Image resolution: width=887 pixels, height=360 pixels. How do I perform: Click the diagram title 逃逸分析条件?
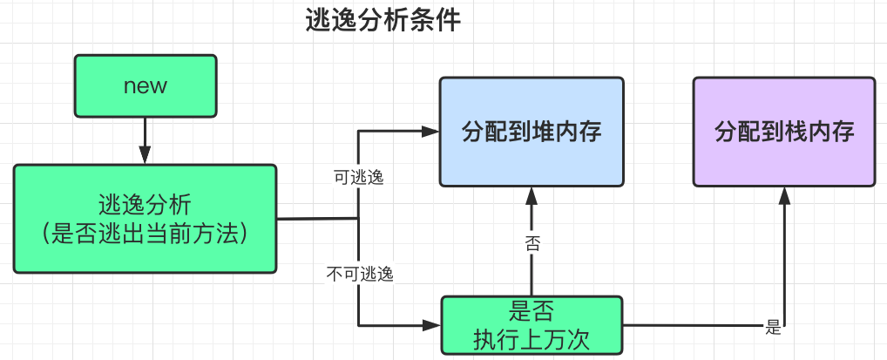click(383, 21)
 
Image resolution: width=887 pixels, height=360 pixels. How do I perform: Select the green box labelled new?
click(145, 85)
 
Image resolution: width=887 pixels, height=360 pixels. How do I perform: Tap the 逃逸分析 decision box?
click(145, 218)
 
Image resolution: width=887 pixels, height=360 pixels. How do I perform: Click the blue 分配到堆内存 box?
click(532, 132)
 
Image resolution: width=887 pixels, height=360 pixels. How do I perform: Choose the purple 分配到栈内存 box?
click(784, 132)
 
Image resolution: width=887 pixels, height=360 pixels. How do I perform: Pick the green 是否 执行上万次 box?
click(532, 325)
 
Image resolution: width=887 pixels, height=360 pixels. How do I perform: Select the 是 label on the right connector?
click(772, 328)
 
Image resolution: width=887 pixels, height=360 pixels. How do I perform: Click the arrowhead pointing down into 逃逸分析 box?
click(145, 155)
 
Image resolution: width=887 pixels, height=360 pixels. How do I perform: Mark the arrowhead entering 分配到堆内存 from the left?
click(430, 132)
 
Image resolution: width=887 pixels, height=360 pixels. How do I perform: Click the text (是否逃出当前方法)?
click(145, 234)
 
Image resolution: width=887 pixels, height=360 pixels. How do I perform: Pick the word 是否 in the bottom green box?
click(532, 312)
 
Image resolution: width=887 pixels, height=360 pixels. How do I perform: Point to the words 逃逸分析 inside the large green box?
click(145, 206)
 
